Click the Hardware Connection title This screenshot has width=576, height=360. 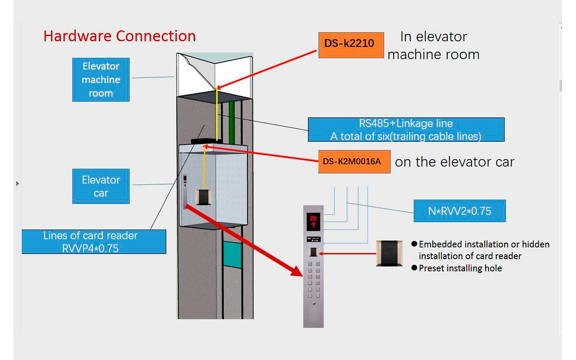pyautogui.click(x=119, y=36)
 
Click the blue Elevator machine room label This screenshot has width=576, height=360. pyautogui.click(x=101, y=80)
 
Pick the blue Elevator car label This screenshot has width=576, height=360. pyautogui.click(x=101, y=186)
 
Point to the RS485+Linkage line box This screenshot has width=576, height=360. pyautogui.click(x=406, y=130)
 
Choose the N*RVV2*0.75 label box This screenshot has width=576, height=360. pyautogui.click(x=459, y=211)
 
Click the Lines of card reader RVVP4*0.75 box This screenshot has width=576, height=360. pyautogui.click(x=94, y=242)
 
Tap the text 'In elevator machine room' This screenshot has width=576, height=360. pyautogui.click(x=433, y=45)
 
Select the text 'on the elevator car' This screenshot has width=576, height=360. pyautogui.click(x=454, y=162)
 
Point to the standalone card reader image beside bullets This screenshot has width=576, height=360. pyautogui.click(x=389, y=253)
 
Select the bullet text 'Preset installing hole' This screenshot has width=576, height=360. pyautogui.click(x=460, y=268)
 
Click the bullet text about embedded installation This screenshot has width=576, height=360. pyautogui.click(x=484, y=250)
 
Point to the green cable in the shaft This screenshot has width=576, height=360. pyautogui.click(x=232, y=121)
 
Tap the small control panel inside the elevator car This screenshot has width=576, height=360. pyautogui.click(x=185, y=191)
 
